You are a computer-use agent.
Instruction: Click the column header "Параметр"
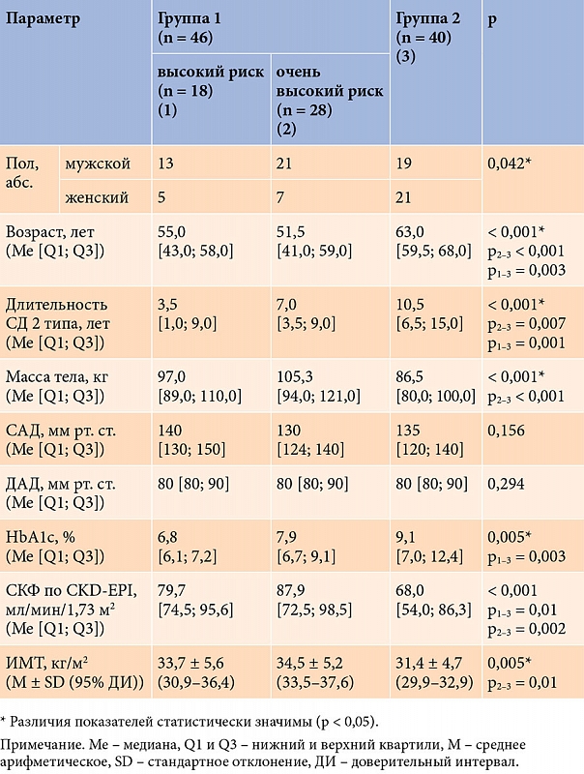tap(44, 19)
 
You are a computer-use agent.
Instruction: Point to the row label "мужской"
tap(98, 164)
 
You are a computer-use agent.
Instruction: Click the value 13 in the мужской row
tap(166, 164)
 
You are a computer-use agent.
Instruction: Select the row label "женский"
tap(98, 198)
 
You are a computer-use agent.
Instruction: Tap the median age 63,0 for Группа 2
tap(411, 232)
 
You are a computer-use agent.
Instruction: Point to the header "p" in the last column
tap(492, 19)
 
